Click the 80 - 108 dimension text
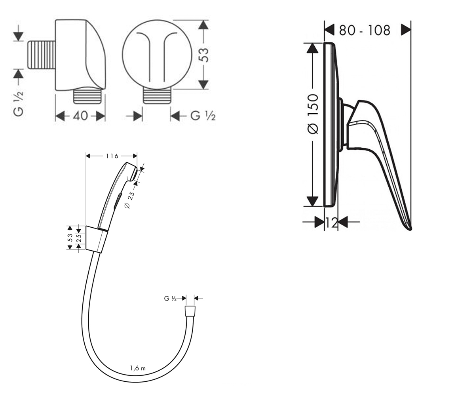tap(365, 30)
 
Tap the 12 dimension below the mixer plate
tap(331, 223)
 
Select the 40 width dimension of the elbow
tap(80, 116)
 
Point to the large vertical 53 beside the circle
tap(203, 55)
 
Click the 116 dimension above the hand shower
tap(112, 156)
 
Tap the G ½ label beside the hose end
tap(170, 299)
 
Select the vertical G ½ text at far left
tap(19, 104)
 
